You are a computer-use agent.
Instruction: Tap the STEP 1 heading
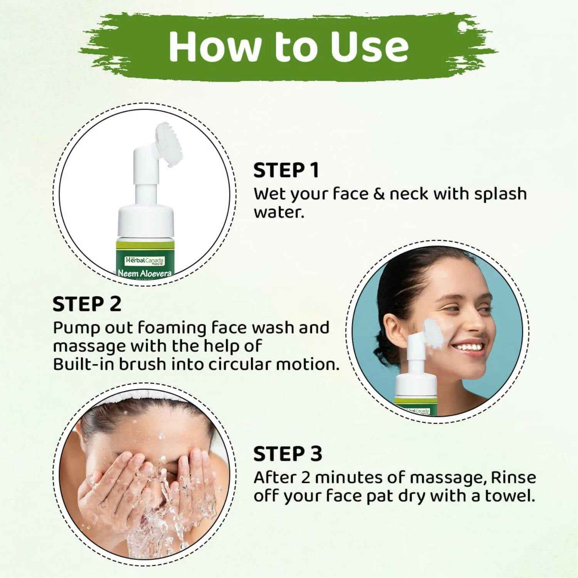click(x=286, y=170)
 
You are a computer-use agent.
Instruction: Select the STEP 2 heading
click(x=87, y=304)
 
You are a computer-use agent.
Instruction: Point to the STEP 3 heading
click(x=287, y=454)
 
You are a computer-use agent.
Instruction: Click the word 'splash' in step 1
click(x=500, y=193)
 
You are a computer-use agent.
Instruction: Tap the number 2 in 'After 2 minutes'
click(x=306, y=478)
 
